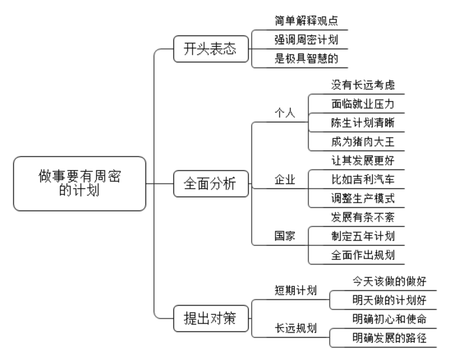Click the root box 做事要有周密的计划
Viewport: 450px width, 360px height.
pyautogui.click(x=79, y=184)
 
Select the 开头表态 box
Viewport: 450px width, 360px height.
pyautogui.click(x=211, y=49)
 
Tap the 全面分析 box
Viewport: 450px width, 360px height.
pyautogui.click(x=211, y=184)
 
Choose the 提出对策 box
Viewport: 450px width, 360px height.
pyautogui.click(x=211, y=318)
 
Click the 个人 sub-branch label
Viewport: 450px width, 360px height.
pyautogui.click(x=285, y=113)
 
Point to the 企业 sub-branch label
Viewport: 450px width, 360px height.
pyautogui.click(x=285, y=180)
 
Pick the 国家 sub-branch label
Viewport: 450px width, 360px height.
pyautogui.click(x=285, y=236)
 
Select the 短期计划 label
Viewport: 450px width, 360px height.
pyautogui.click(x=296, y=290)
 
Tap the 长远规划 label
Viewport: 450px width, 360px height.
pyautogui.click(x=296, y=328)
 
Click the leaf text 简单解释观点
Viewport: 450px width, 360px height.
pyautogui.click(x=306, y=21)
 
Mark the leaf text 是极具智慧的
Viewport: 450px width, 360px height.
pyautogui.click(x=306, y=59)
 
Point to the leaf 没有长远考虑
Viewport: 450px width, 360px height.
pyautogui.click(x=363, y=85)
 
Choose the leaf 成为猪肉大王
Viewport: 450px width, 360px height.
pyautogui.click(x=363, y=142)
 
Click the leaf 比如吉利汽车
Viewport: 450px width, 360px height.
pyautogui.click(x=363, y=179)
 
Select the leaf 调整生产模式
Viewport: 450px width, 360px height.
pyautogui.click(x=363, y=198)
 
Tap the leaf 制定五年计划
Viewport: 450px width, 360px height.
pyautogui.click(x=363, y=236)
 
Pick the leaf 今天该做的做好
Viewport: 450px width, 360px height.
pyautogui.click(x=389, y=281)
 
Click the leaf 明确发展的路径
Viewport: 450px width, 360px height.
pyautogui.click(x=389, y=338)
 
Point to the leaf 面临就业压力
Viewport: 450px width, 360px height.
pyautogui.click(x=363, y=104)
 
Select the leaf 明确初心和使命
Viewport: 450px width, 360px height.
pyautogui.click(x=389, y=319)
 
